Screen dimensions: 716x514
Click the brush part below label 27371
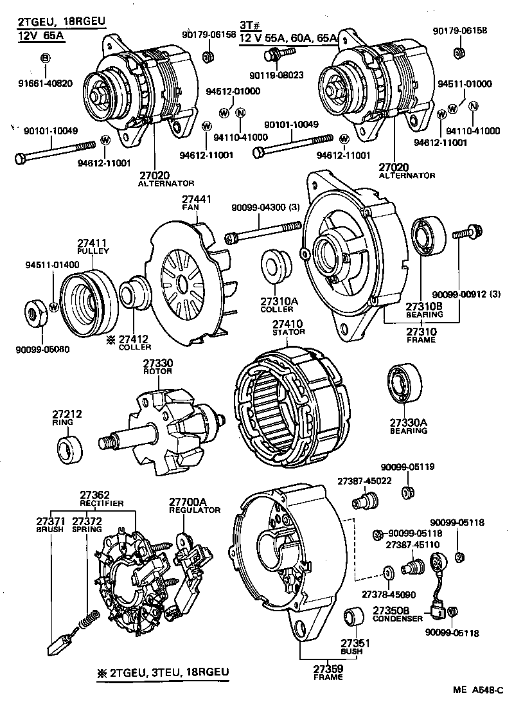pyautogui.click(x=62, y=640)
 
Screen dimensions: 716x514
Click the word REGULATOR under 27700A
pyautogui.click(x=195, y=510)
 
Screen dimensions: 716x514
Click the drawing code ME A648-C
pyautogui.click(x=477, y=691)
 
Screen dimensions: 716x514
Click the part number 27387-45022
pyautogui.click(x=360, y=481)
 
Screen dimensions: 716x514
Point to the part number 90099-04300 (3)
pyautogui.click(x=263, y=208)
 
